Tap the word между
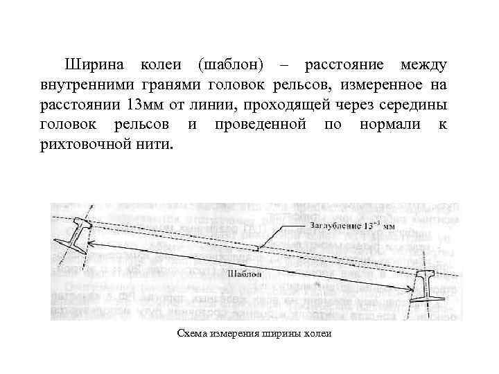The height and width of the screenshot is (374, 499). [423, 65]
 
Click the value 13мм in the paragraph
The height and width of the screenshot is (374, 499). [148, 106]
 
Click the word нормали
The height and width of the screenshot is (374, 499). [386, 127]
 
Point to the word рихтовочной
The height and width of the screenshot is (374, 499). [86, 147]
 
